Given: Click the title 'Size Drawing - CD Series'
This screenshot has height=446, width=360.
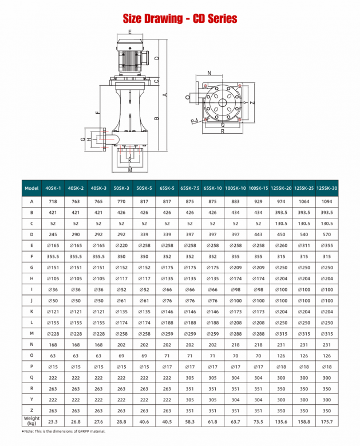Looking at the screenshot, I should (180, 19).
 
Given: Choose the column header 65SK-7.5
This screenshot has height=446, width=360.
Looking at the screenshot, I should (189, 188).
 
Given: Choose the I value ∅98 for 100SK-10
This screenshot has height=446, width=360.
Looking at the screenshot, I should (235, 289).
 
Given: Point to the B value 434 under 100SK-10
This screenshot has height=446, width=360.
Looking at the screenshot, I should (235, 212).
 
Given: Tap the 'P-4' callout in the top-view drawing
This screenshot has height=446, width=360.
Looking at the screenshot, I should (194, 121).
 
